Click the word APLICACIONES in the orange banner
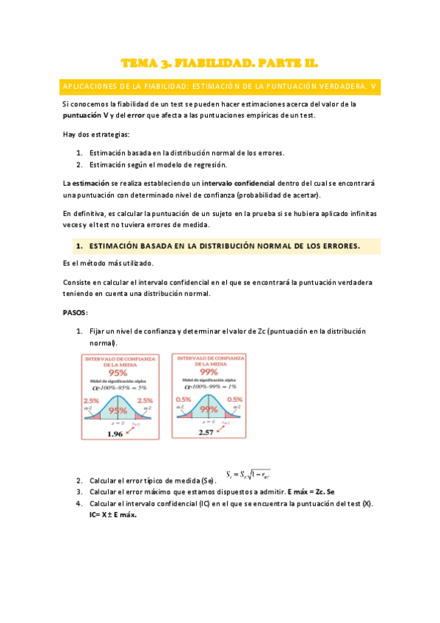point(90,87)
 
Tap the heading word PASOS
point(76,312)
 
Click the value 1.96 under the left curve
point(115,433)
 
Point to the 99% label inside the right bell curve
point(209,410)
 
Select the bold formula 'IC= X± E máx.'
point(107,514)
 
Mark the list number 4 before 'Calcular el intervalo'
point(79,503)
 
